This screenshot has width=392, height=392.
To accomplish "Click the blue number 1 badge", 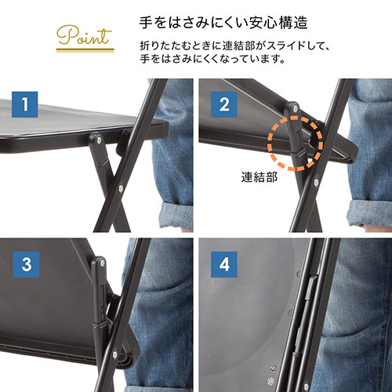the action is (x=25, y=104).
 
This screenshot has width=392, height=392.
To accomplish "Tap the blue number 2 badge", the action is (x=224, y=104).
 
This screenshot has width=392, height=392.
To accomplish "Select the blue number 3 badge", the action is (x=26, y=264).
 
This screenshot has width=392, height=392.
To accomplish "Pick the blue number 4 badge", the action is (x=224, y=264).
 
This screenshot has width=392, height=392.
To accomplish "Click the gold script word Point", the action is (x=84, y=36).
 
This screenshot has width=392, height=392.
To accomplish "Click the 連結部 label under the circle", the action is (x=259, y=177).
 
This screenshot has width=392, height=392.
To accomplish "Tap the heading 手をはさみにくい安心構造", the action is (x=223, y=23).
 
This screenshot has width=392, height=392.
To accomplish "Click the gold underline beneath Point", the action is (x=85, y=50).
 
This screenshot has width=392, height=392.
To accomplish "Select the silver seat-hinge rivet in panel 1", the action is (x=99, y=140).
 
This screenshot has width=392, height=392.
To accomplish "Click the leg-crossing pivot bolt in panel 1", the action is (x=121, y=188).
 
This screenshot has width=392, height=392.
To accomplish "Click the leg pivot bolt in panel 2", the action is (x=316, y=182).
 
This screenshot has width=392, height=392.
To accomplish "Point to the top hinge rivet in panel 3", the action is (x=102, y=263).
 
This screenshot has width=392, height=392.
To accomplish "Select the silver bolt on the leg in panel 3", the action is (x=114, y=354).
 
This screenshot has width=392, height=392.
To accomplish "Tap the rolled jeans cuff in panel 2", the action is (x=369, y=212).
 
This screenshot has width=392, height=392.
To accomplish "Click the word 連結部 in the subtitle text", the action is (x=238, y=46).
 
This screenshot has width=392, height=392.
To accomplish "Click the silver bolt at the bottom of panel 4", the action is (x=307, y=387).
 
